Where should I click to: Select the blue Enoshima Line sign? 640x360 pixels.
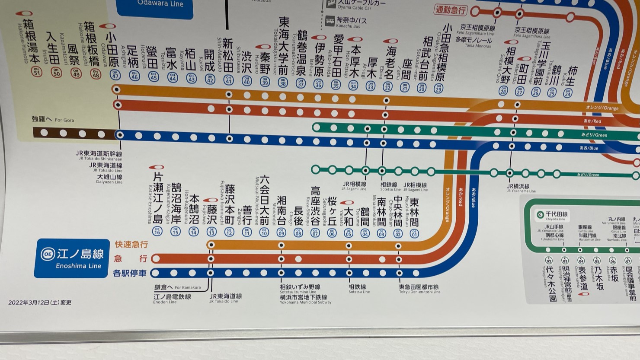click(x=72, y=258)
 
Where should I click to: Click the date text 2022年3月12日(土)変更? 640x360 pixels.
click(x=40, y=303)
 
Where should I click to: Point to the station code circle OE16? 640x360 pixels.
click(x=157, y=232)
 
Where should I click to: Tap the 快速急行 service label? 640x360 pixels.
click(x=131, y=245)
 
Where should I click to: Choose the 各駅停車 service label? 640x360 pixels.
click(x=130, y=273)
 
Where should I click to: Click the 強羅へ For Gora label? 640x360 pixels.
click(x=53, y=119)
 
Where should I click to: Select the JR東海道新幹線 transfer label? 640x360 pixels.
click(x=99, y=154)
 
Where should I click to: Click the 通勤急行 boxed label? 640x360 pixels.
click(x=450, y=10)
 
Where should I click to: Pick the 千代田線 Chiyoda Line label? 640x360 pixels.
click(x=552, y=215)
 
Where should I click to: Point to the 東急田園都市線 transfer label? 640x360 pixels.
click(x=419, y=288)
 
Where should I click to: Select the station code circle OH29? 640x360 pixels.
click(x=438, y=89)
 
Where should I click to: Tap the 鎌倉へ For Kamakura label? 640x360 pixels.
click(x=177, y=287)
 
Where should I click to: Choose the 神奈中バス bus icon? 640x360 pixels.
click(x=330, y=21)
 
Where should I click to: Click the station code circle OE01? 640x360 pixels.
click(x=414, y=233)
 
